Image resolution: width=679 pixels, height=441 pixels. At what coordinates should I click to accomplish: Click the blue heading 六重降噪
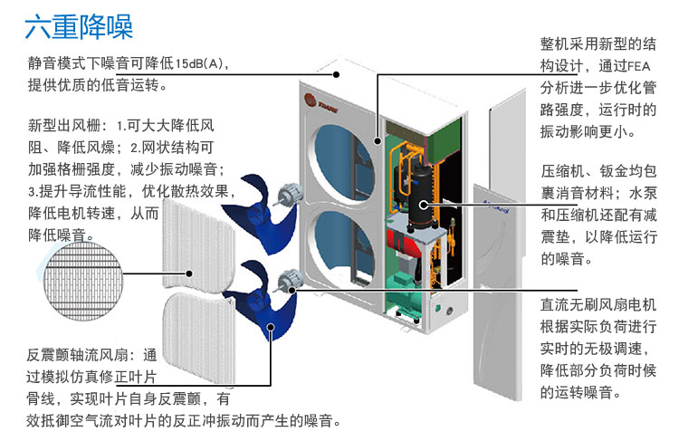[x=79, y=26]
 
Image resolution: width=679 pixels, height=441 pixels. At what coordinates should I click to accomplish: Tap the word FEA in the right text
[x=639, y=64]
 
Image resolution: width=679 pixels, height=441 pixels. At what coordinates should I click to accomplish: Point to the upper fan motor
[x=291, y=192]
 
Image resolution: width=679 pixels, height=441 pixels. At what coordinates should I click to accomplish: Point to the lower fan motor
[x=291, y=278]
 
